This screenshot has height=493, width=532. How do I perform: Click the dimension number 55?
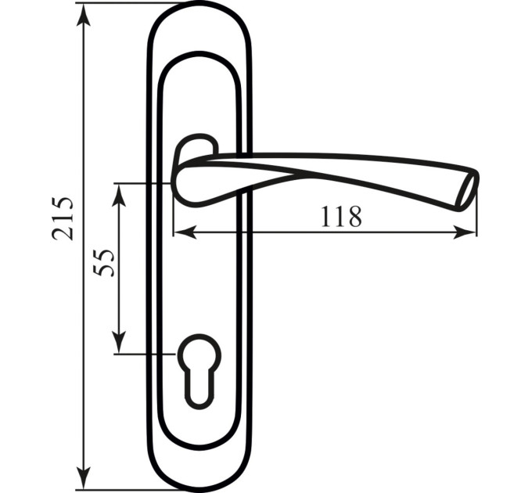[x=103, y=263]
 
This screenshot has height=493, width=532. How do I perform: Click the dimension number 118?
[x=341, y=216]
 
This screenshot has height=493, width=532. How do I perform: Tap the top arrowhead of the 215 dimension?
[x=84, y=16]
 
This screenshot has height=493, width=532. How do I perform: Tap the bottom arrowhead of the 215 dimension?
[x=84, y=477]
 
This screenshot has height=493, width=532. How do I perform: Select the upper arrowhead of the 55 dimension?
[x=119, y=196]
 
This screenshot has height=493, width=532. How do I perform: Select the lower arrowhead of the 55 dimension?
[x=119, y=342]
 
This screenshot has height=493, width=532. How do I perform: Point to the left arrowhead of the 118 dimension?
[x=185, y=232]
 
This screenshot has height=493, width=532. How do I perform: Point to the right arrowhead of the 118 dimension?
[x=464, y=232]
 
